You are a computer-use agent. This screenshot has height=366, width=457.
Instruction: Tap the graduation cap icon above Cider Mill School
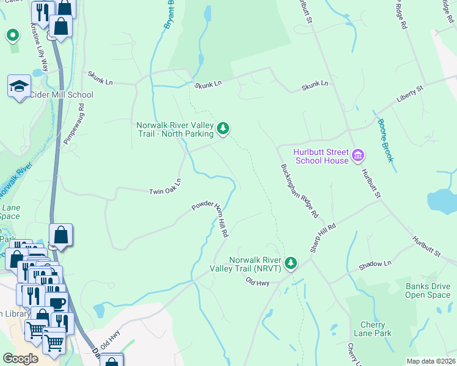tap(19, 86)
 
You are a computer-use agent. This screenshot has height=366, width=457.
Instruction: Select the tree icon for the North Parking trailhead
tap(224, 128)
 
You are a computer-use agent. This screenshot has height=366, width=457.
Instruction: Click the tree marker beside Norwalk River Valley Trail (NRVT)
tap(291, 263)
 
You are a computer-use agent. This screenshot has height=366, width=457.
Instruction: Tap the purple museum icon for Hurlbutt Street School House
tap(358, 156)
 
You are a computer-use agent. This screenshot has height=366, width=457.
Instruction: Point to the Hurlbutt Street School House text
tap(321, 156)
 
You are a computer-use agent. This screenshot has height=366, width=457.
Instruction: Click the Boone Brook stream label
tap(384, 140)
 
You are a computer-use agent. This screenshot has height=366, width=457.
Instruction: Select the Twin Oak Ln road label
tap(166, 187)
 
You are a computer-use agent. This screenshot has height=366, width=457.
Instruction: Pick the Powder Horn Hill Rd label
tap(210, 217)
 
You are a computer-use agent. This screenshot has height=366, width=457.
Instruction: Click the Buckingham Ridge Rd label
tap(300, 191)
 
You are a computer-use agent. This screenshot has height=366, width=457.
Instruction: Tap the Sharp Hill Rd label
tap(323, 238)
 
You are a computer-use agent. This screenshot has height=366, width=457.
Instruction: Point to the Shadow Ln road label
tap(375, 264)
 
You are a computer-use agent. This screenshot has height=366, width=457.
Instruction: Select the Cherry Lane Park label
tap(373, 329)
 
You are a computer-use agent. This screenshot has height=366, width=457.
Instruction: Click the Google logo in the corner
tap(21, 358)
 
